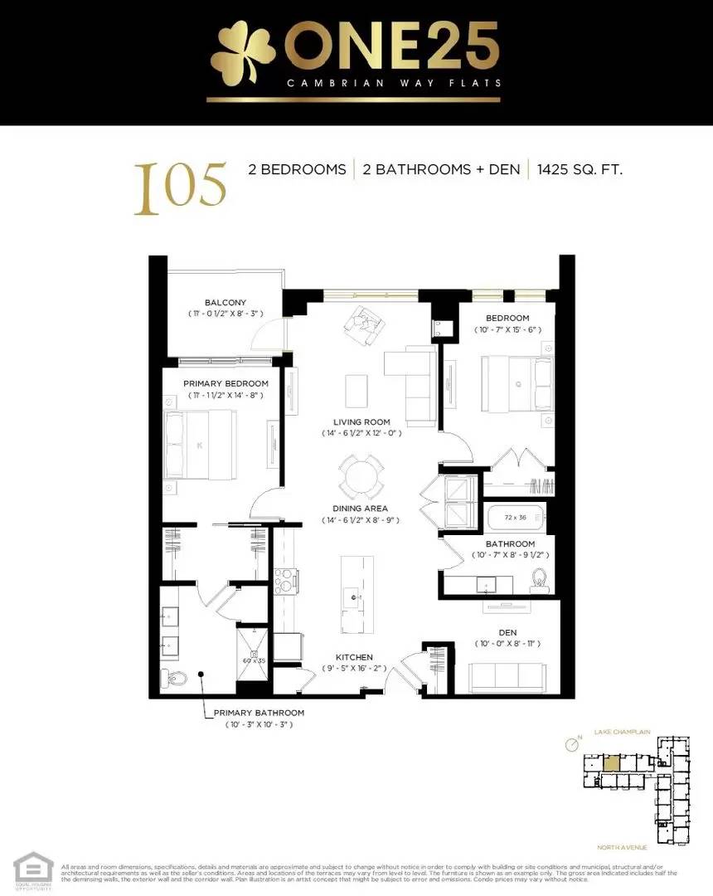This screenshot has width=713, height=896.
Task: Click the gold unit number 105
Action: pyautogui.click(x=180, y=186)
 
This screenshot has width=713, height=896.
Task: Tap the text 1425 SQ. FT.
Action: pyautogui.click(x=580, y=170)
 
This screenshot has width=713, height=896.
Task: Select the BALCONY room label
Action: pyautogui.click(x=226, y=303)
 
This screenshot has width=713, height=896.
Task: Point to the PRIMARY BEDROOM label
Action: pyautogui.click(x=226, y=383)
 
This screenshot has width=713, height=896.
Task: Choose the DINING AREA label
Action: pyautogui.click(x=360, y=509)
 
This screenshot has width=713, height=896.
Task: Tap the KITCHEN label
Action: pyautogui.click(x=354, y=657)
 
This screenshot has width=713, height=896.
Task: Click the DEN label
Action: pyautogui.click(x=507, y=631)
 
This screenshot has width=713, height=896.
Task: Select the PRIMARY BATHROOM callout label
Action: pyautogui.click(x=259, y=713)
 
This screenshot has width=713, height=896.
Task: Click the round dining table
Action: pyautogui.click(x=362, y=477)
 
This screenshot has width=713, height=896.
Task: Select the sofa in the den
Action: pyautogui.click(x=507, y=676)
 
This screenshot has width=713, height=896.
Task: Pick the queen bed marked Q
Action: pyautogui.click(x=517, y=382)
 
